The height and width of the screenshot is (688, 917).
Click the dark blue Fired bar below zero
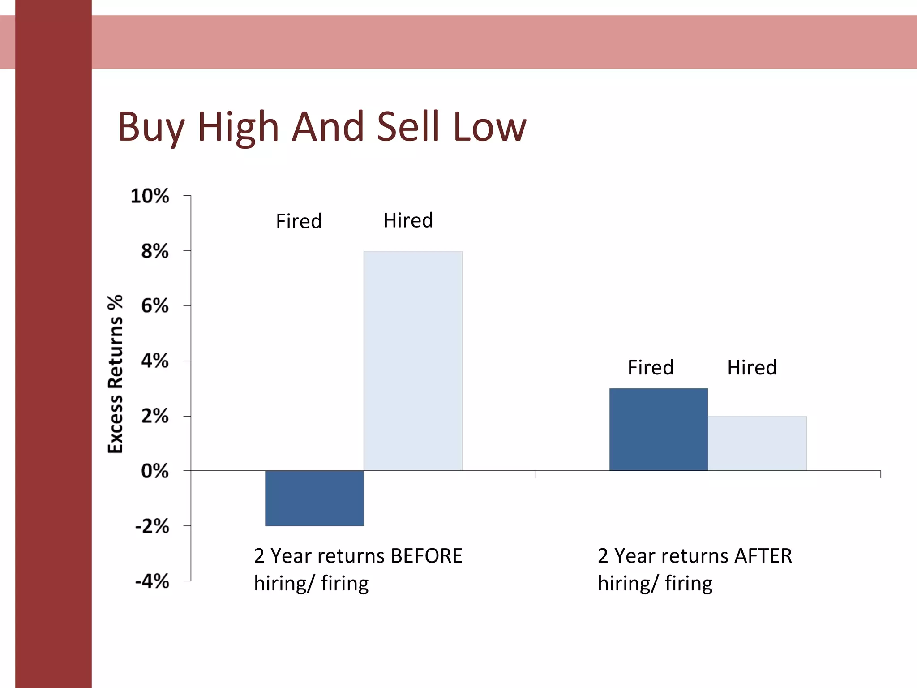[x=314, y=498]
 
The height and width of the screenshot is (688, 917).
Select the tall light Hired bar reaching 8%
[x=412, y=361]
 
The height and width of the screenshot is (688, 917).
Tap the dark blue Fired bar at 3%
[x=658, y=429]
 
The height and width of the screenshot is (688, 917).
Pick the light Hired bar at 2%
[x=757, y=443]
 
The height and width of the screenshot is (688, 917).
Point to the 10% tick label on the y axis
[x=150, y=196]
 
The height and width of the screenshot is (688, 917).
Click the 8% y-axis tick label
[x=155, y=251]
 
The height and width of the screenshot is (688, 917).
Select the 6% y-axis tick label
[x=155, y=306]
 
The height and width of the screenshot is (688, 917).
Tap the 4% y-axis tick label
[x=155, y=361]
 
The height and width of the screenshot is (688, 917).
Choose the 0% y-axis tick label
[x=155, y=471]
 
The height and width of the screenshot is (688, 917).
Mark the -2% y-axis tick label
[x=152, y=526]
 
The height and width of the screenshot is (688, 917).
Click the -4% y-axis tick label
[x=152, y=581]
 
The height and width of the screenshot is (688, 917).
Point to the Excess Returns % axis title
[x=116, y=374]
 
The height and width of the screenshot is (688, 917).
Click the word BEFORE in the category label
[x=426, y=556]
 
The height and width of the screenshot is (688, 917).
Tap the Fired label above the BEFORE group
[x=299, y=221]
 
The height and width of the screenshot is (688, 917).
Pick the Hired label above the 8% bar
[x=408, y=220]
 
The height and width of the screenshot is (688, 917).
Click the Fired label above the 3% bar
[x=651, y=367]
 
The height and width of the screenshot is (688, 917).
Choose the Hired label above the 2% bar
[x=752, y=367]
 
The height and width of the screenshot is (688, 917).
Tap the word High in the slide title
[x=238, y=127]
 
